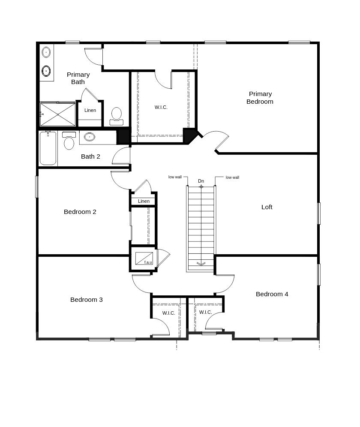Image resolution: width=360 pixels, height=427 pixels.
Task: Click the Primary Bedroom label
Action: click(260, 98)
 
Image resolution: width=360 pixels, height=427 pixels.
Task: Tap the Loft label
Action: click(267, 207)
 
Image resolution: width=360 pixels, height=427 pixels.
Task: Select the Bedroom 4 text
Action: click(272, 294)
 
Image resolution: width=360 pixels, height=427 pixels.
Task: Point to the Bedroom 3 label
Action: click(86, 300)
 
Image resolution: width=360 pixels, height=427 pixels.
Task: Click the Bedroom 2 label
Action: click(80, 212)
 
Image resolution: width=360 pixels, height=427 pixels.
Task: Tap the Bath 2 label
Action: click(90, 156)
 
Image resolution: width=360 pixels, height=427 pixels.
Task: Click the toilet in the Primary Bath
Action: click(117, 116)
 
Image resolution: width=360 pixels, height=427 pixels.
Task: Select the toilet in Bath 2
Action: click(69, 141)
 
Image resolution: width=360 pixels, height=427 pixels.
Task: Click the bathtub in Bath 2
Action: click(48, 148)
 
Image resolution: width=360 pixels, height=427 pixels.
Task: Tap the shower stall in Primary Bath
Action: click(58, 114)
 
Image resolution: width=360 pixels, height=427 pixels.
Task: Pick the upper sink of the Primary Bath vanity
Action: click(46, 52)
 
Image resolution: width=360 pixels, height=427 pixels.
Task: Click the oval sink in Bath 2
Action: click(89, 137)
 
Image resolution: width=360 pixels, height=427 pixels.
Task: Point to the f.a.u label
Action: click(148, 262)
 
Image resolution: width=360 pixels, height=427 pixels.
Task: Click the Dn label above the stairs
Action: click(201, 181)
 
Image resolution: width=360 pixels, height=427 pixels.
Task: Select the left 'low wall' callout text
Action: click(175, 177)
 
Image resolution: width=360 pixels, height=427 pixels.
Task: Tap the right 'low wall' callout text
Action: click(232, 177)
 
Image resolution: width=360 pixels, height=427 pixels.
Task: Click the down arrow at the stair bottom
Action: click(201, 264)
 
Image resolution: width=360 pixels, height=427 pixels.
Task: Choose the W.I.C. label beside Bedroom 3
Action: click(168, 313)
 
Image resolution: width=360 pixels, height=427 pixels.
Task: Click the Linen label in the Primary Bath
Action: click(90, 110)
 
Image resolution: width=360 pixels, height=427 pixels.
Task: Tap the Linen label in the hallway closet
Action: click(144, 201)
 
